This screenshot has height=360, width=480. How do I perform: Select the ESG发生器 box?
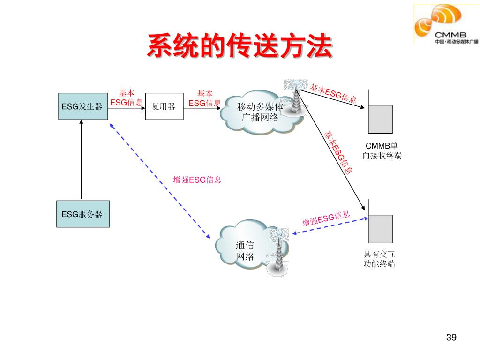coord(82,106)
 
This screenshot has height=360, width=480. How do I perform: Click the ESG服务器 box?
coord(82,214)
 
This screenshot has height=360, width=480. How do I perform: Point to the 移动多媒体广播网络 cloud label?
coord(260,112)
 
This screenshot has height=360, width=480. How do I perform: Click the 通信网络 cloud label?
coord(245,251)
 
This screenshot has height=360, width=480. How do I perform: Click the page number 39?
coord(451,337)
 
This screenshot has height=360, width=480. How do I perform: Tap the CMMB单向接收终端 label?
coord(382,150)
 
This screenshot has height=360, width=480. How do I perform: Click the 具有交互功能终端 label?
coord(379,259)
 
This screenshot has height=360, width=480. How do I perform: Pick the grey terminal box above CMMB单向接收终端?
coord(380,119)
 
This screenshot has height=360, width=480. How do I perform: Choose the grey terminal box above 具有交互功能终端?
coord(380,229)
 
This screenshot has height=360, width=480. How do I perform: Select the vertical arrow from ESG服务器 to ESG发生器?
coord(81,159)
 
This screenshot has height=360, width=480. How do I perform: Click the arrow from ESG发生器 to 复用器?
coord(127,107)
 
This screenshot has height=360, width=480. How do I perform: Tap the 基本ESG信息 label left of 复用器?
coord(126,98)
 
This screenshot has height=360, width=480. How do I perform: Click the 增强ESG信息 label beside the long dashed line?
coord(197,180)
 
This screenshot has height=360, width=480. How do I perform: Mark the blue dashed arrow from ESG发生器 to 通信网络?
coord(159,180)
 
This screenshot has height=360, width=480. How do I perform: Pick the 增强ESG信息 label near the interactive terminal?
coord(326,218)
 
